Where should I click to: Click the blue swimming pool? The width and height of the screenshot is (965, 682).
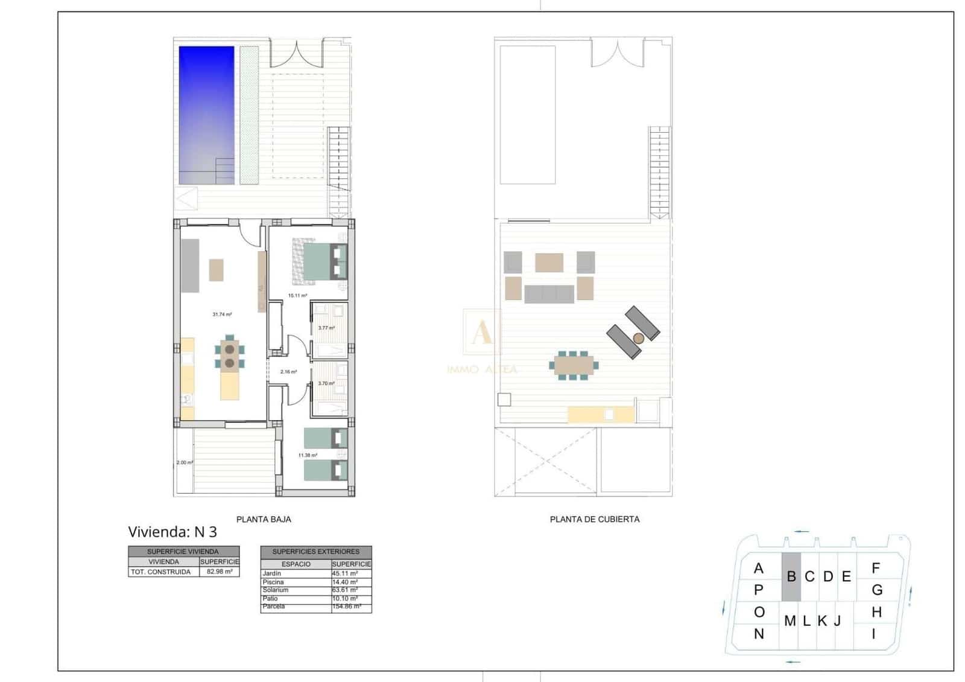pyautogui.click(x=206, y=115)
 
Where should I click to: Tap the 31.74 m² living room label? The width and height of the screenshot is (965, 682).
pyautogui.click(x=222, y=314)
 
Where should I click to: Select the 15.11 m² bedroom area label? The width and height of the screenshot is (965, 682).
pyautogui.click(x=298, y=296)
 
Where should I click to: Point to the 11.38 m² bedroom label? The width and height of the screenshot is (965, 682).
pyautogui.click(x=308, y=455)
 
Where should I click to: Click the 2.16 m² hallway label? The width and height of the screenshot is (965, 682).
pyautogui.click(x=289, y=372)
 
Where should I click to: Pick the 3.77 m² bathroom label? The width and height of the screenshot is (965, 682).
pyautogui.click(x=326, y=328)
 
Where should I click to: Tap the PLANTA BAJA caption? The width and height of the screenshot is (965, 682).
pyautogui.click(x=264, y=519)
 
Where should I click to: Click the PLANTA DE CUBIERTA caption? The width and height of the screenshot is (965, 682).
pyautogui.click(x=595, y=519)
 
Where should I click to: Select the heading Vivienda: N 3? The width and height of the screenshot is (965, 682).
pyautogui.click(x=172, y=532)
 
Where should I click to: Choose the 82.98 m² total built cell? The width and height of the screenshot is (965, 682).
pyautogui.click(x=220, y=572)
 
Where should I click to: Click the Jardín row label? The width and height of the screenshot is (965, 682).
pyautogui.click(x=272, y=573)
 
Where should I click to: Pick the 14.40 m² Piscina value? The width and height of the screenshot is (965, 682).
pyautogui.click(x=345, y=582)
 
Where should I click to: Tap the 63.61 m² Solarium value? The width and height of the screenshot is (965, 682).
pyautogui.click(x=345, y=590)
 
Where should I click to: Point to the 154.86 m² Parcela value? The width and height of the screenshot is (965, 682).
pyautogui.click(x=346, y=607)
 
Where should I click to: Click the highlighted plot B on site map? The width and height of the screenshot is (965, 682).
pyautogui.click(x=791, y=577)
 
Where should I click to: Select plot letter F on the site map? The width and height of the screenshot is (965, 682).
pyautogui.click(x=876, y=568)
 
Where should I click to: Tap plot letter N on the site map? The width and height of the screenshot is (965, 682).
pyautogui.click(x=759, y=634)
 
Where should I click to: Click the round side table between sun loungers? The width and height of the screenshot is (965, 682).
pyautogui.click(x=639, y=339)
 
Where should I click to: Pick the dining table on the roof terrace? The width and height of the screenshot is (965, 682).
pyautogui.click(x=573, y=365)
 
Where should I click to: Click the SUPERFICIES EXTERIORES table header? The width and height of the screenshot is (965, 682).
pyautogui.click(x=316, y=552)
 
